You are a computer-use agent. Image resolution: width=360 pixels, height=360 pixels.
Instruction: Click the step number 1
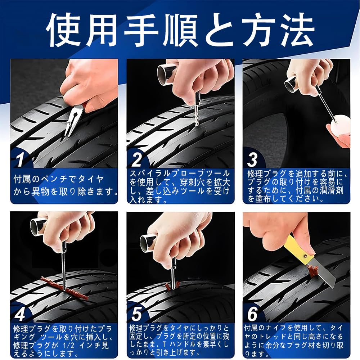[20, 159]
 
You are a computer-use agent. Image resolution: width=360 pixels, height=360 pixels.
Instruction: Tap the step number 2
[137, 159]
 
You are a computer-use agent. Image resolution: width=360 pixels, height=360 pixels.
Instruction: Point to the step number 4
[20, 314]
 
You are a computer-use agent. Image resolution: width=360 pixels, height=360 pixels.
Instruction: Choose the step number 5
[137, 314]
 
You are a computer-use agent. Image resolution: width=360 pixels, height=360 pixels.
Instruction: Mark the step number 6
[253, 314]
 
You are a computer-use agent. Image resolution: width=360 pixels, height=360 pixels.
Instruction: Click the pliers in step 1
[73, 121]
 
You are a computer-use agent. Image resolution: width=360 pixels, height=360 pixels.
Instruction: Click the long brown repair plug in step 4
[64, 288]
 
